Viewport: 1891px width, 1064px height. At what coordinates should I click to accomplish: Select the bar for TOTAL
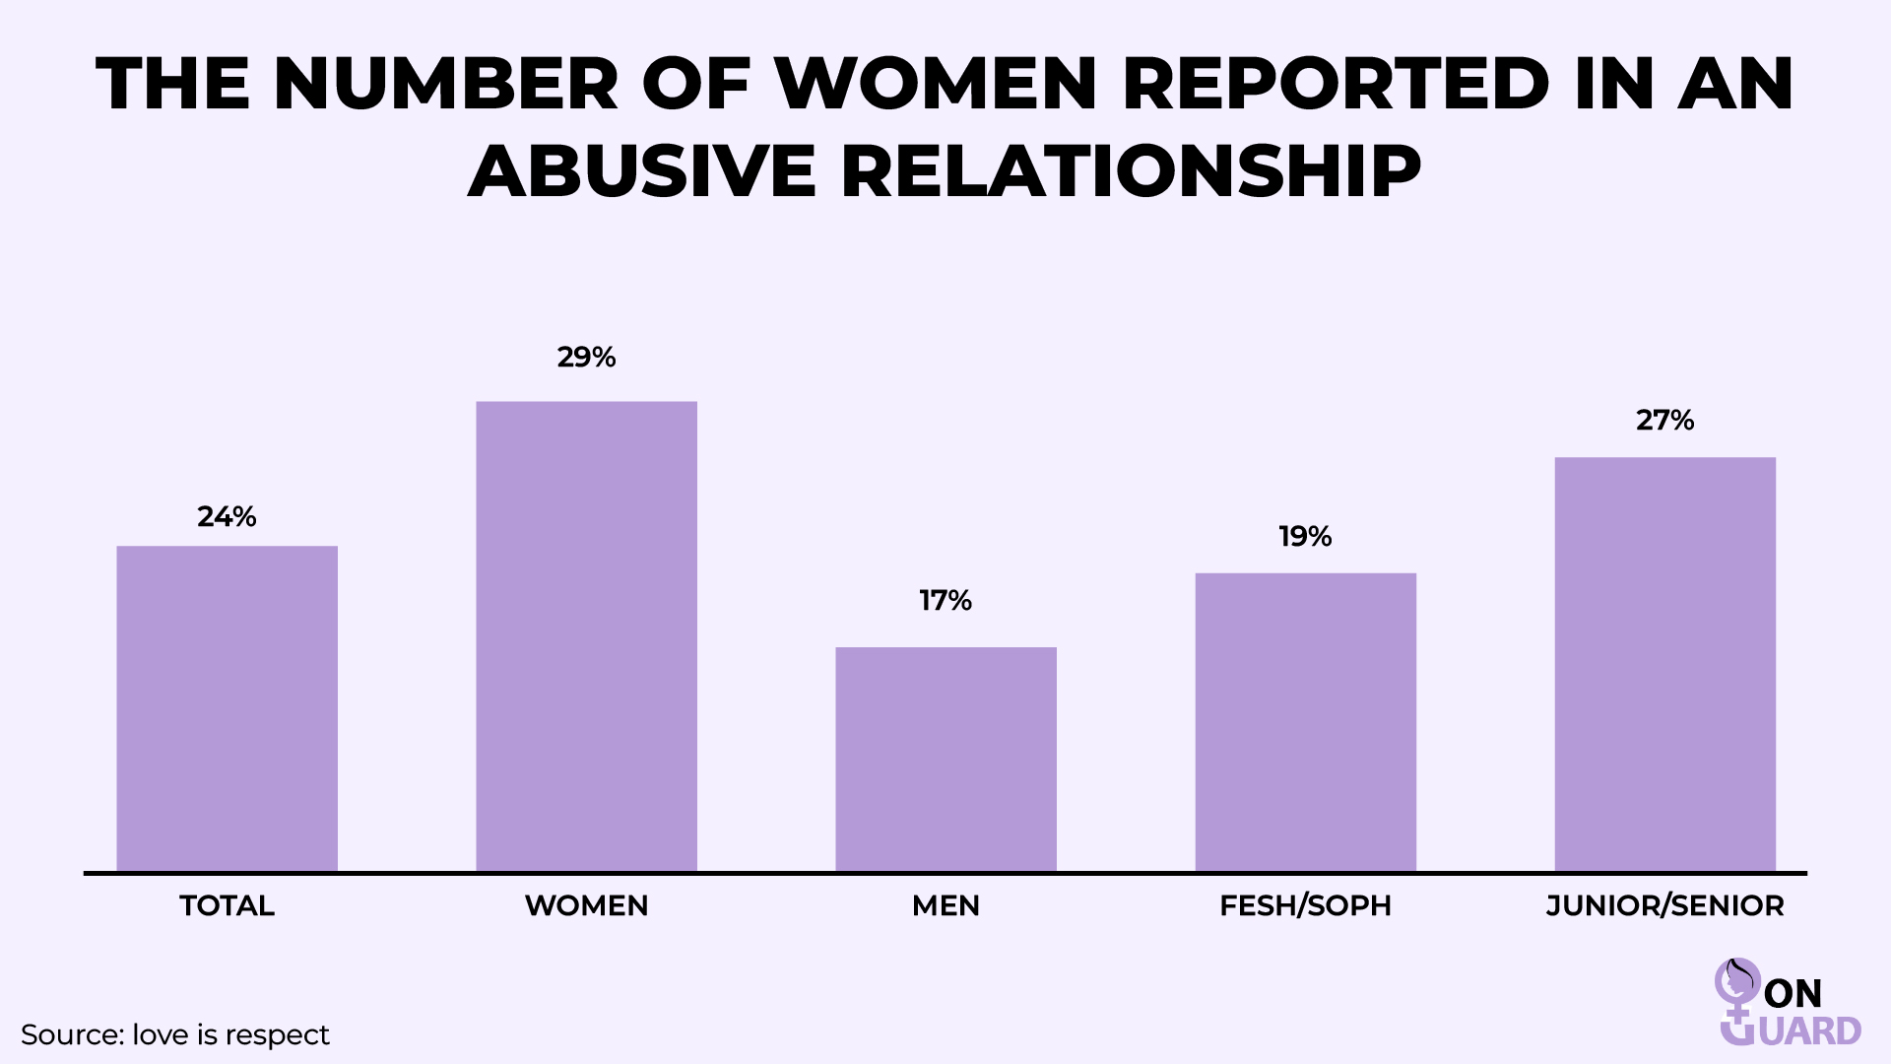(x=227, y=708)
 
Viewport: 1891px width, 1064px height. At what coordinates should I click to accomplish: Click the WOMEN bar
(x=586, y=635)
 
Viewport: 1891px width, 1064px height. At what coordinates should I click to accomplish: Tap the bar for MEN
(x=945, y=759)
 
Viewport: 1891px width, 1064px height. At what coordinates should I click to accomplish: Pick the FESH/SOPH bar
(x=1305, y=722)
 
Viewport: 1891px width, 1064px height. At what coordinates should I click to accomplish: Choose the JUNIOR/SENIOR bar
(x=1664, y=664)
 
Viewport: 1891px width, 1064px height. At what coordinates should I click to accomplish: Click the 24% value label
(x=227, y=517)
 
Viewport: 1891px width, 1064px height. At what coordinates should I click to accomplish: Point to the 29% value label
(x=586, y=358)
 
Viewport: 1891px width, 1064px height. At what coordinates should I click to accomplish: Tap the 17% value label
(x=945, y=601)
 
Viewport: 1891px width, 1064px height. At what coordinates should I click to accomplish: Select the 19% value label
(x=1305, y=537)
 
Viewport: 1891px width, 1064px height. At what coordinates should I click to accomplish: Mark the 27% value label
(x=1664, y=421)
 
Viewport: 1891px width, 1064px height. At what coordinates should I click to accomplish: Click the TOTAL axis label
(x=227, y=906)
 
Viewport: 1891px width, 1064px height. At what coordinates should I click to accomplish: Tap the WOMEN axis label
(x=586, y=906)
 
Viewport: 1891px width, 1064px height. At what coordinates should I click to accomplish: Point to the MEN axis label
(x=945, y=906)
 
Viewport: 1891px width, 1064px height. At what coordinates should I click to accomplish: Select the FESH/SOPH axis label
(x=1305, y=906)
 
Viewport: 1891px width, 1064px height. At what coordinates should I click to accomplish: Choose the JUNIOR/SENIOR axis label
(x=1664, y=906)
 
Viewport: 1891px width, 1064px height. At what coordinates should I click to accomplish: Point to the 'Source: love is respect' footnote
(x=175, y=1035)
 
